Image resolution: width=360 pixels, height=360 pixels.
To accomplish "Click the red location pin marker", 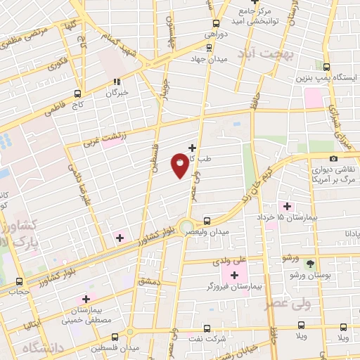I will point(180,165).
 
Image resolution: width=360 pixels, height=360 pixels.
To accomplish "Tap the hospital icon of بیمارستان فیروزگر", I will point(234,274).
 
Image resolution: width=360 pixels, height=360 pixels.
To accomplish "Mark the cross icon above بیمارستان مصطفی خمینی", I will point(86,300).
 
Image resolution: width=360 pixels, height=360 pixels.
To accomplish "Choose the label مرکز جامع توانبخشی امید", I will point(251,15).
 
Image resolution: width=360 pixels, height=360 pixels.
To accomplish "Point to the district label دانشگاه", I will point(43,348).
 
